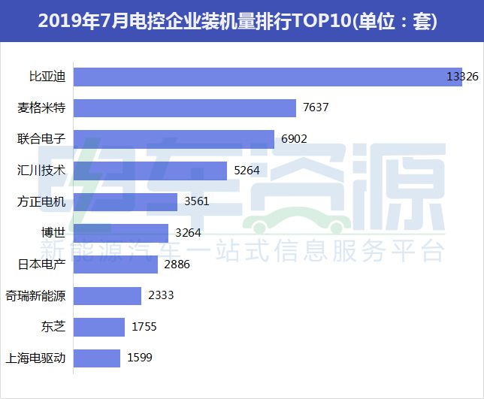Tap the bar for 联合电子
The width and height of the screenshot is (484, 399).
[x=175, y=140]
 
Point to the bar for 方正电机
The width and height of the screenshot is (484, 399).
[x=127, y=202]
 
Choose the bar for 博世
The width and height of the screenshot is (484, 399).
[x=123, y=233]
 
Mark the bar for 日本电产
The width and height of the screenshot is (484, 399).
[x=117, y=264]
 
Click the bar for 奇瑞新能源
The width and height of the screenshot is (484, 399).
[x=109, y=295]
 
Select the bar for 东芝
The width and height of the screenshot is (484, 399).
[x=101, y=327]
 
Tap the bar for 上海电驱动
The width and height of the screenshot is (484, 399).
[x=98, y=358]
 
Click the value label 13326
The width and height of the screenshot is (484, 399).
[x=462, y=77]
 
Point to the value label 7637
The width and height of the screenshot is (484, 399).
[x=316, y=108]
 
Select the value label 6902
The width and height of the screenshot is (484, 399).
[x=294, y=140]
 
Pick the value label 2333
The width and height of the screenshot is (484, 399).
[x=161, y=295]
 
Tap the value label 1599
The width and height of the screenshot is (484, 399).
[x=140, y=358]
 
